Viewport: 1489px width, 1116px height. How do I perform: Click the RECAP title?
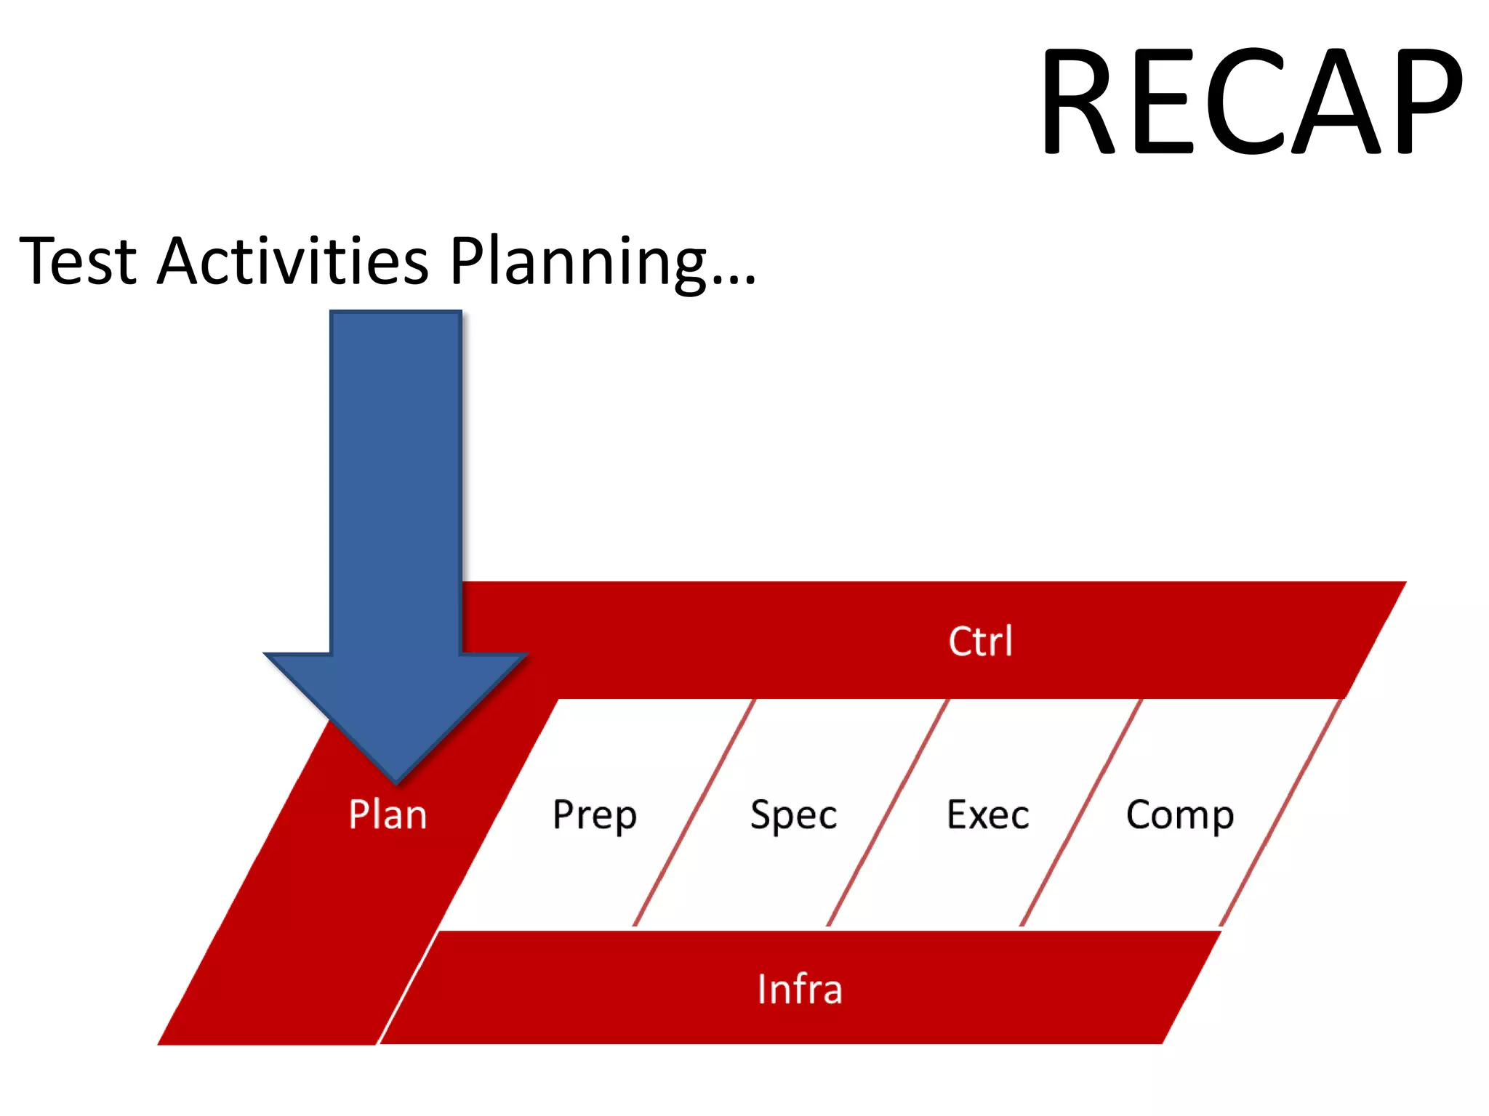coord(1251,102)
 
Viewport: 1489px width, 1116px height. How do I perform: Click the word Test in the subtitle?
coord(78,261)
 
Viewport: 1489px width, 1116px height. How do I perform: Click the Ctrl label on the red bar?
coord(980,642)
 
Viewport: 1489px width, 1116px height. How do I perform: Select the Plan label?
coord(388,814)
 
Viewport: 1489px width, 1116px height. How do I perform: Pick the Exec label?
coord(987,814)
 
